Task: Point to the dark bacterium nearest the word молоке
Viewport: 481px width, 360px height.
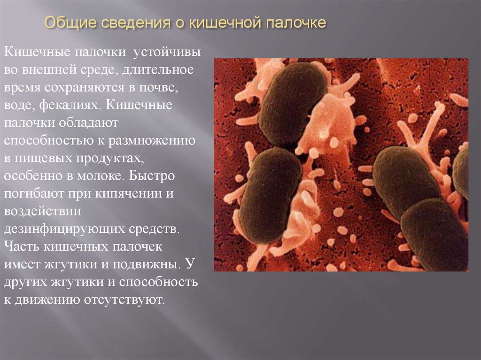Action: [270, 195]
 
